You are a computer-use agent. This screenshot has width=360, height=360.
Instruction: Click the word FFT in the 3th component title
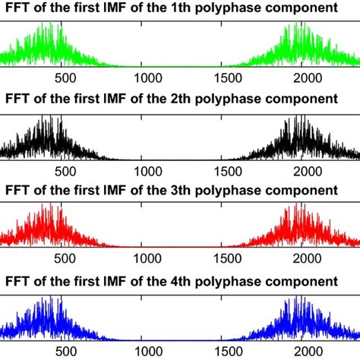18,189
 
